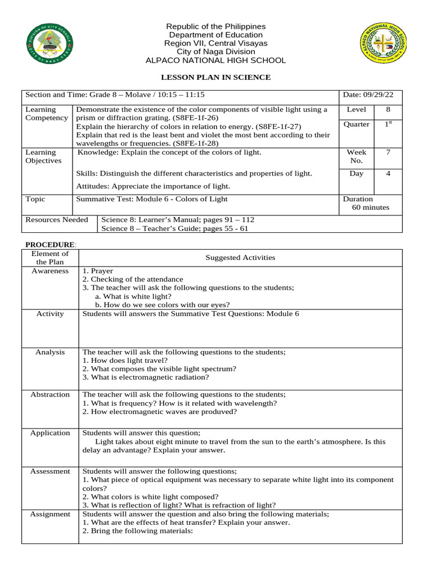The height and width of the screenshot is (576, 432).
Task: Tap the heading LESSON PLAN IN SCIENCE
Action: pos(216,77)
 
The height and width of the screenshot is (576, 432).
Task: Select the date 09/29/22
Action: pos(372,95)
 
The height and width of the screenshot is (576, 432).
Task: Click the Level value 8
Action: pos(388,110)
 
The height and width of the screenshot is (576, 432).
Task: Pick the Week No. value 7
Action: pos(388,152)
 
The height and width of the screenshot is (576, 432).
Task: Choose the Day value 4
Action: pos(388,174)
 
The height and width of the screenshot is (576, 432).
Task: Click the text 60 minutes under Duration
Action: pos(370,208)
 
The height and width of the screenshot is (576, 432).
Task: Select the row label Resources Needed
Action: pos(57,219)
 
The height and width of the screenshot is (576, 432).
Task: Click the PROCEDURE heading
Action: pos(49,245)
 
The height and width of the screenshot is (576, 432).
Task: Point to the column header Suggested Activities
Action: pos(240,258)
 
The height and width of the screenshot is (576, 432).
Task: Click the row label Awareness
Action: pos(50,271)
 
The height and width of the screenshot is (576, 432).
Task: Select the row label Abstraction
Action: pos(50,395)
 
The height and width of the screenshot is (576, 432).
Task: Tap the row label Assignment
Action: pos(50,514)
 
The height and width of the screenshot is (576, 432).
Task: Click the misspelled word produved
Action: pos(219,412)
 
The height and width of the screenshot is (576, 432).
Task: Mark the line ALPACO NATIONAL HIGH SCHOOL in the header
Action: pos(216,61)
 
